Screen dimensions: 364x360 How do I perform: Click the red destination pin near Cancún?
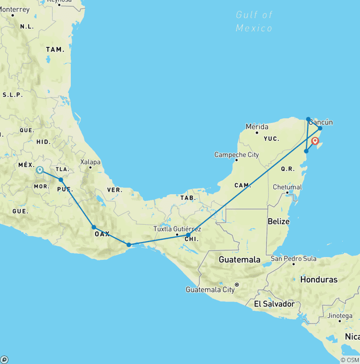(x=315, y=141)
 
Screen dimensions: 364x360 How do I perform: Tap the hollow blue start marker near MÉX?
(x=40, y=170)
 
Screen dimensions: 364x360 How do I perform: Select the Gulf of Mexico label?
(x=254, y=22)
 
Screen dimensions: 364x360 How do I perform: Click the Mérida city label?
(x=257, y=127)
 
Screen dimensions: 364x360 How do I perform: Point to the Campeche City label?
(x=237, y=154)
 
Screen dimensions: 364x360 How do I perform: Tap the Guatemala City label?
(x=210, y=289)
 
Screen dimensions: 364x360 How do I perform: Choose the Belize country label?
(x=278, y=221)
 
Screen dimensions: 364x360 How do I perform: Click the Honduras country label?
(x=319, y=280)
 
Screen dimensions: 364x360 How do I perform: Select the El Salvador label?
(x=274, y=304)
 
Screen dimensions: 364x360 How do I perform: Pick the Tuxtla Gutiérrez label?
(x=177, y=229)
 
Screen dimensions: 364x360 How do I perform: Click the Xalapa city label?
(x=90, y=162)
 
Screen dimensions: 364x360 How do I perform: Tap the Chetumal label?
(x=287, y=187)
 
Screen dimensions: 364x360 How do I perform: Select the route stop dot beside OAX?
(x=94, y=227)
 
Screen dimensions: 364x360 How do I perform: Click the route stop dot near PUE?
(x=61, y=180)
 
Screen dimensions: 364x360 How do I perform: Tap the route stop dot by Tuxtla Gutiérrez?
(x=188, y=235)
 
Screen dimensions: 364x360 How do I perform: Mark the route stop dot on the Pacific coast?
(x=129, y=245)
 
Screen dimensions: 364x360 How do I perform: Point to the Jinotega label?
(x=340, y=316)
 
